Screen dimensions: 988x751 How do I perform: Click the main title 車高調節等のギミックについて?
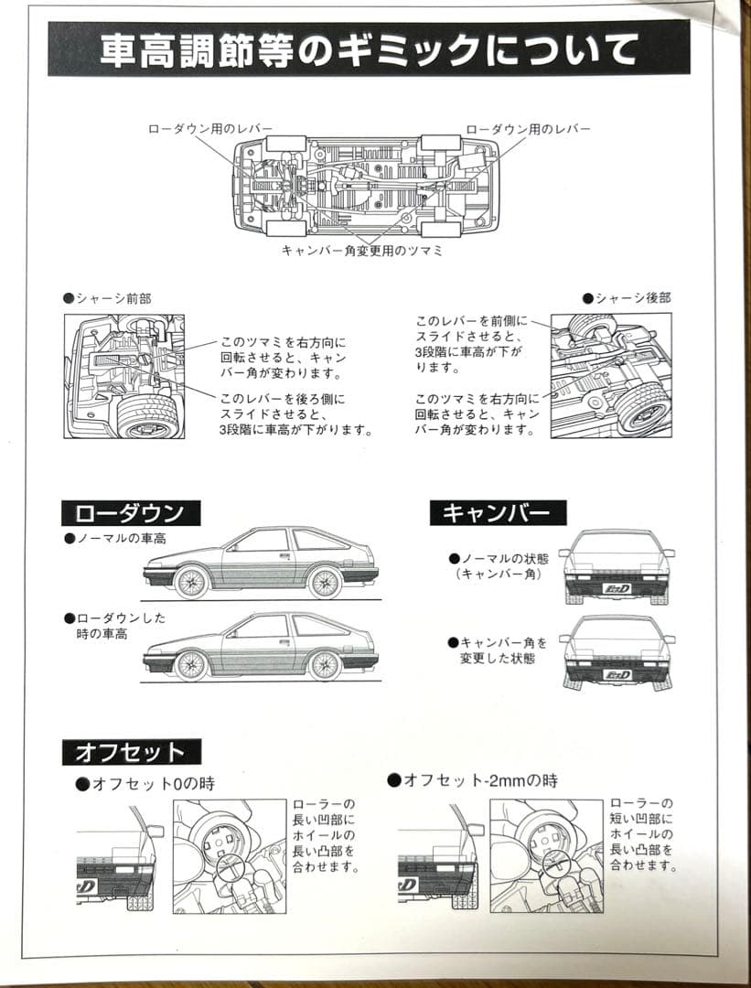pos(369,49)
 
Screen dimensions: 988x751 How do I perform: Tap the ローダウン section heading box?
pos(130,512)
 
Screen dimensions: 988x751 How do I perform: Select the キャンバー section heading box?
pos(498,512)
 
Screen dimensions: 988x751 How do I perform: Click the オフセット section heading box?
pos(131,752)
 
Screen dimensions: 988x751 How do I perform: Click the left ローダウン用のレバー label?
pos(209,129)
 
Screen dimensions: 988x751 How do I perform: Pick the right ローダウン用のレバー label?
pos(528,129)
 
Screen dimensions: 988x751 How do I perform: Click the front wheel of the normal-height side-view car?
pos(191,582)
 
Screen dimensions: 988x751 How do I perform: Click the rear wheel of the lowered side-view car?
pos(325,664)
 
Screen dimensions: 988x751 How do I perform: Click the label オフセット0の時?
pos(146,783)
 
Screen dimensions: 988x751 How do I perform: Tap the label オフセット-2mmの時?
pos(472,780)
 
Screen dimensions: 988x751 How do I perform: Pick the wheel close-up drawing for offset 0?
pos(229,855)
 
